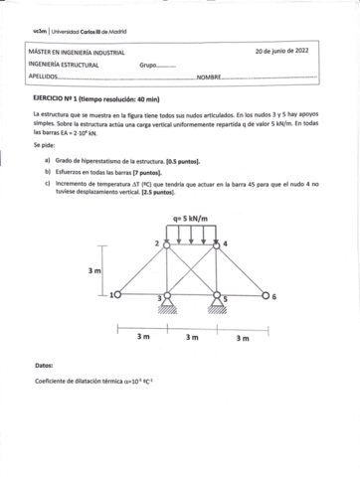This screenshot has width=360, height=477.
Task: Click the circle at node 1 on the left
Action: coord(116,294)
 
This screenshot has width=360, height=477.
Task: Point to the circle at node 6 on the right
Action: coord(266,294)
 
